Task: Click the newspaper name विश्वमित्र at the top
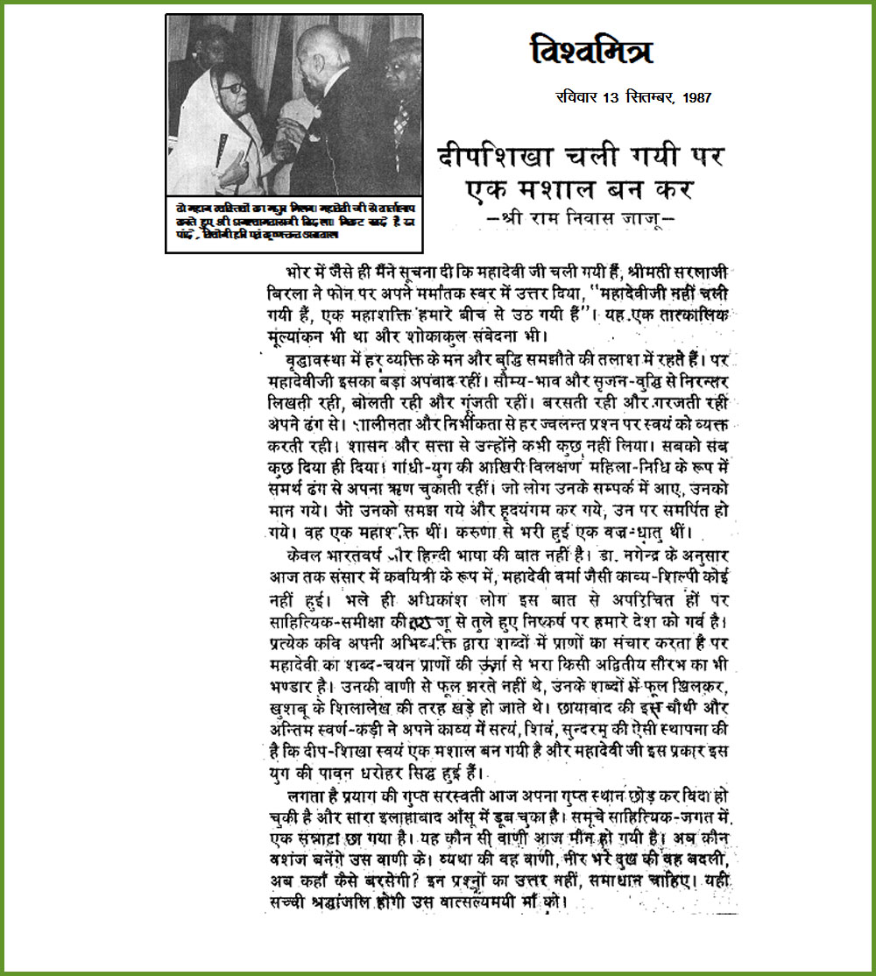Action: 592,50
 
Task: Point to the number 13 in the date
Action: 611,97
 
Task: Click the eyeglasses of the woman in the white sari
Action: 234,88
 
